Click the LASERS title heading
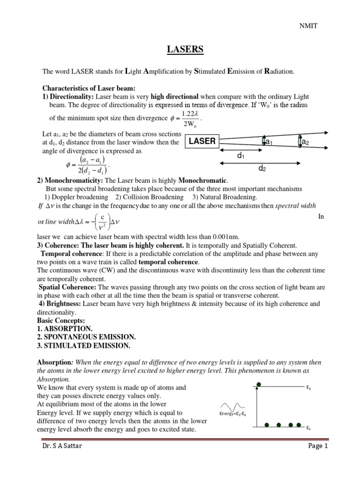click(180, 49)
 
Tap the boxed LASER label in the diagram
click(202, 141)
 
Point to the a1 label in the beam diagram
click(269, 142)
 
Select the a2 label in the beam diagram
click(305, 142)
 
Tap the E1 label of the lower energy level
click(308, 428)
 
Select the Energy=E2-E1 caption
click(233, 414)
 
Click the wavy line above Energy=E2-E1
click(232, 405)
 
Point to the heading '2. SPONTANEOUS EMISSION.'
click(86, 337)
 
